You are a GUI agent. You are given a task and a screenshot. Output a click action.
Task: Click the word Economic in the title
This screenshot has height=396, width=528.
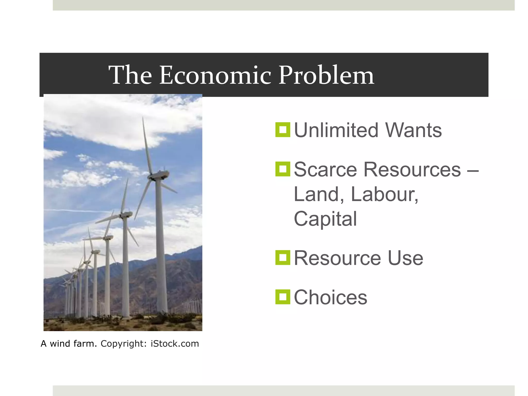pyautogui.click(x=215, y=75)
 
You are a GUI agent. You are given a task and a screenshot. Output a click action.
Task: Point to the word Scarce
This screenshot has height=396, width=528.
pyautogui.click(x=325, y=170)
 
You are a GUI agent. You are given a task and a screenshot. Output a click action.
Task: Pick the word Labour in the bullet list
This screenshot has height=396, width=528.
pyautogui.click(x=384, y=194)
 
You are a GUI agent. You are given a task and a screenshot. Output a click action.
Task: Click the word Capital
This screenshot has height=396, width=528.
pyautogui.click(x=325, y=219)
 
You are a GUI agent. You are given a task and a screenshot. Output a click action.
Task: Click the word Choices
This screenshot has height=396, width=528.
pyautogui.click(x=330, y=297)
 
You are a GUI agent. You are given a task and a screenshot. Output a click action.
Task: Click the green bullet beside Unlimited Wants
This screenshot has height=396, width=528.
pyautogui.click(x=283, y=130)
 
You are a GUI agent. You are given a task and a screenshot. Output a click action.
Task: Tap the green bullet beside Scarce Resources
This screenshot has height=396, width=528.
pyautogui.click(x=283, y=169)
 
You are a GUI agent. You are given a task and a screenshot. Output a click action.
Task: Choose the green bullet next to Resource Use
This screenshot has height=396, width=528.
pyautogui.click(x=283, y=258)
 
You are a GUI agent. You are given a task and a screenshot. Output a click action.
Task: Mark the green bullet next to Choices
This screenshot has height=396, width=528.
pyautogui.click(x=283, y=297)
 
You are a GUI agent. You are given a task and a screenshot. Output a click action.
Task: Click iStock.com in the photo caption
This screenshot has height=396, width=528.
pyautogui.click(x=175, y=344)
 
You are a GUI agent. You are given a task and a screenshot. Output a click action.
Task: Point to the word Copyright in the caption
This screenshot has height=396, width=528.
pyautogui.click(x=123, y=344)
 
